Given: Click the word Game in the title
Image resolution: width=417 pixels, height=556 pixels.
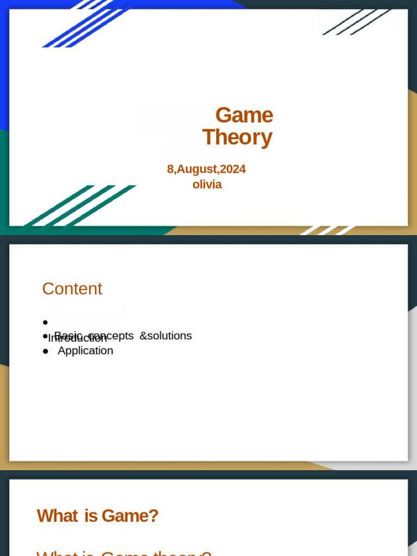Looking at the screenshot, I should [x=244, y=115].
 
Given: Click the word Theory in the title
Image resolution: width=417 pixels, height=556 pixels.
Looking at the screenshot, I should [x=237, y=137].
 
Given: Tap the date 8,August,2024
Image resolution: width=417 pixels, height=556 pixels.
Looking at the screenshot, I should [x=206, y=169].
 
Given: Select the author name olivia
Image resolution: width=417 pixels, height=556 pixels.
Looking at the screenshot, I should [x=207, y=184].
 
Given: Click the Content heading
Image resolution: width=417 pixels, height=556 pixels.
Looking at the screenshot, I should [x=72, y=289].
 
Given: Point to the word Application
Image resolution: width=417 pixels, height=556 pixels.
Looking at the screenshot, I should [x=85, y=351].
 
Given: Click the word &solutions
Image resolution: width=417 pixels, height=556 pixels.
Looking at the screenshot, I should [x=166, y=336].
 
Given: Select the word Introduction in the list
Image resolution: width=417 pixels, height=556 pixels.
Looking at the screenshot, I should [x=78, y=338].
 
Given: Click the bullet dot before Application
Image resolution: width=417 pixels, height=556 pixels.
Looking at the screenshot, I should [x=46, y=351].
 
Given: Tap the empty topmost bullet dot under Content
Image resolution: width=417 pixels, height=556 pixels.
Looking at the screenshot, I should [x=45, y=323].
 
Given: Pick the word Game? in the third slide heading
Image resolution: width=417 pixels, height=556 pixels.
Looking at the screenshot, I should [x=130, y=516].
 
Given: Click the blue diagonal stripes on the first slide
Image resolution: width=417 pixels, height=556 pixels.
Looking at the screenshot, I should [x=87, y=24].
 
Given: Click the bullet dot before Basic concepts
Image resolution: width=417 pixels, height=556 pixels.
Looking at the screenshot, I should [x=46, y=336].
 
